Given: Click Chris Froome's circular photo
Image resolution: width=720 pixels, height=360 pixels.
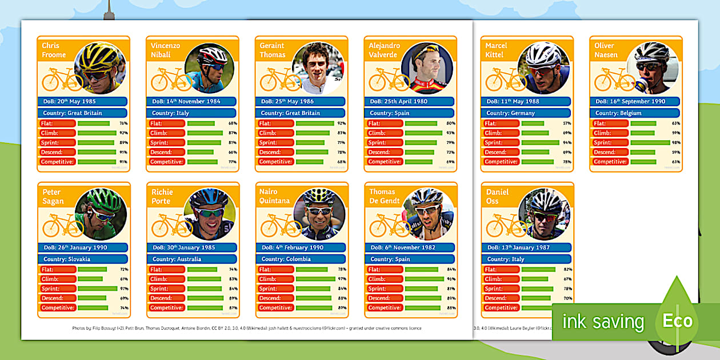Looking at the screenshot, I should coord(100,68).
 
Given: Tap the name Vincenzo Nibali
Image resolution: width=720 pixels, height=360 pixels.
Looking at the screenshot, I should coord(166,50).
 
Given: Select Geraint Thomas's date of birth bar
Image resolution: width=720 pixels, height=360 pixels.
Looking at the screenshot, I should coord(301,101).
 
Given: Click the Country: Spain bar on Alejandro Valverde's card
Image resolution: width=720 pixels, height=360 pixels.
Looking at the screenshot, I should coord(409,113).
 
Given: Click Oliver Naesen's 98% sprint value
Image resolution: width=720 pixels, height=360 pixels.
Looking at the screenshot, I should coord(675,142).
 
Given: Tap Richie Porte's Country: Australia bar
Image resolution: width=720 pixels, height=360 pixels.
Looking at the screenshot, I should coord(191,259).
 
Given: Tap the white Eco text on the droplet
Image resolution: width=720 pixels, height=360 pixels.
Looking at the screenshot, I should coord(677,321).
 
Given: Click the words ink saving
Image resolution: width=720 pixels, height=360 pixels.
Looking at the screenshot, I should coord(602,322).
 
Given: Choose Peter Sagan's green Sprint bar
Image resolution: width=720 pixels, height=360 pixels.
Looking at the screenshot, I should coord(97,289).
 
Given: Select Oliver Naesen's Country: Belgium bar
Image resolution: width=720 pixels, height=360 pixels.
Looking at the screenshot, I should coord(634,113).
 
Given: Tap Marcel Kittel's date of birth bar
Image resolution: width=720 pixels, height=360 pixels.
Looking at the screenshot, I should coord(526,101).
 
